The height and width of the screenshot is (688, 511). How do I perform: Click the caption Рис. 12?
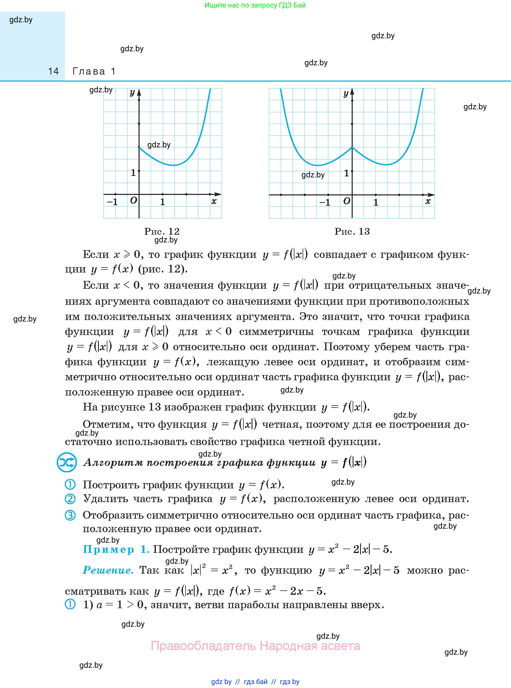click(162, 231)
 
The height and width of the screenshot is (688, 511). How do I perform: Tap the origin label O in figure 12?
click(133, 200)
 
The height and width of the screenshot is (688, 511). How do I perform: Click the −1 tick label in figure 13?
click(325, 202)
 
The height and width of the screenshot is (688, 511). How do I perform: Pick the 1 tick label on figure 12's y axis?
click(133, 173)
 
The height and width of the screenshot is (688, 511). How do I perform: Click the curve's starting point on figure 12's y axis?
click(139, 147)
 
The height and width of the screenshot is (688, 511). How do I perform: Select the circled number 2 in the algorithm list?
click(70, 499)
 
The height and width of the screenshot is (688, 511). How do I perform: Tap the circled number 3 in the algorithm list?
click(70, 515)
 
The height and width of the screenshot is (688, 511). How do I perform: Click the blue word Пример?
click(109, 549)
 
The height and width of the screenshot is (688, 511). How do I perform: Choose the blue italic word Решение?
click(108, 570)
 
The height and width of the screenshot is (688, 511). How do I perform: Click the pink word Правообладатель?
click(203, 646)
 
